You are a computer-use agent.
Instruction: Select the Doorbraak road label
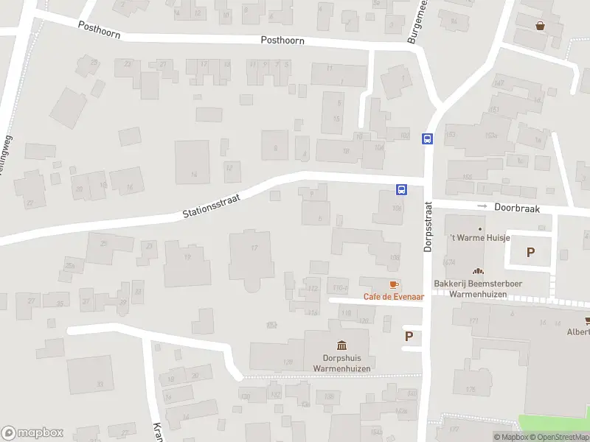click(517, 208)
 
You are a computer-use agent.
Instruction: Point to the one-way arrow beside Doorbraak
click(482, 206)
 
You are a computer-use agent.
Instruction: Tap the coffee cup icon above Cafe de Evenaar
click(394, 284)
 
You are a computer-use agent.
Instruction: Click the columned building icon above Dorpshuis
click(341, 345)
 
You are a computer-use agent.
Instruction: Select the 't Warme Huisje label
click(479, 238)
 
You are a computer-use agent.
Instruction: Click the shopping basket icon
click(541, 26)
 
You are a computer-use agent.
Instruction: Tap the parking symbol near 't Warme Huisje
click(530, 252)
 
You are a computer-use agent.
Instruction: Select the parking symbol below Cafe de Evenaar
click(409, 336)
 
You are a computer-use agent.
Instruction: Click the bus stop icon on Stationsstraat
click(401, 189)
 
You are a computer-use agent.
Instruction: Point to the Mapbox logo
click(32, 433)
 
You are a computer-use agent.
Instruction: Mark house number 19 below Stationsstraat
click(187, 257)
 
